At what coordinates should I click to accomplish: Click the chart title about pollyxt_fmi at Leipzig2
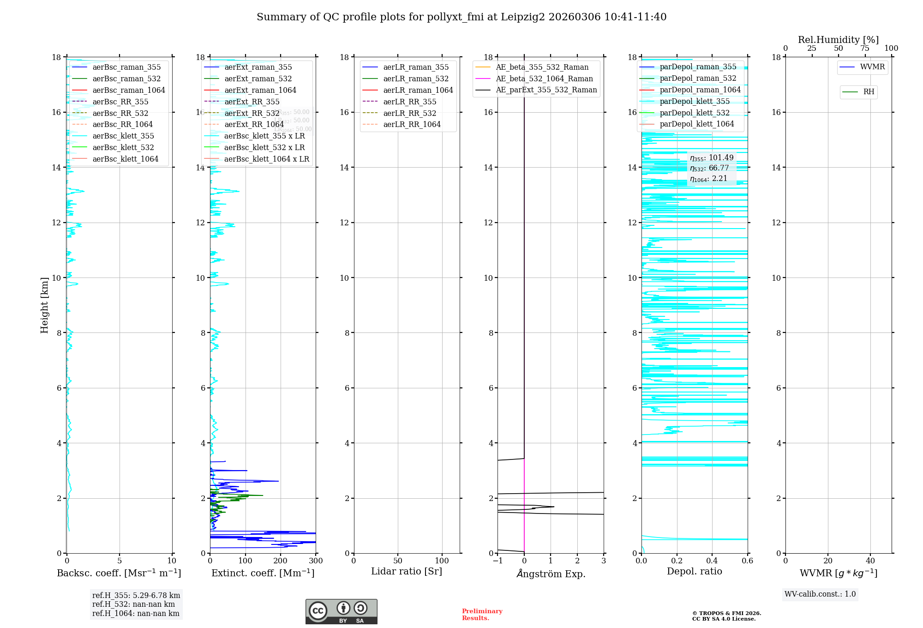click(461, 17)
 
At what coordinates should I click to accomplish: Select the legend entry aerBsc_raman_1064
click(128, 90)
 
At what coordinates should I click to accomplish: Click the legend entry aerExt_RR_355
click(252, 102)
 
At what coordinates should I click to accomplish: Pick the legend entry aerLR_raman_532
click(415, 78)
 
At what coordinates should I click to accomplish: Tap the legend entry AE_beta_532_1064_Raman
click(544, 78)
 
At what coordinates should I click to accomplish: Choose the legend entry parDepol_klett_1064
click(696, 124)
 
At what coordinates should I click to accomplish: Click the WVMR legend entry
click(872, 67)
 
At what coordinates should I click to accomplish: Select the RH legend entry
click(868, 92)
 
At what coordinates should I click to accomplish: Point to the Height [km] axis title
click(44, 305)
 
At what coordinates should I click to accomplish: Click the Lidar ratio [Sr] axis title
click(407, 571)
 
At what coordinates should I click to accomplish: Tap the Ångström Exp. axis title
click(551, 574)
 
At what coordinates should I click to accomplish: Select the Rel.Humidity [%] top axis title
click(838, 40)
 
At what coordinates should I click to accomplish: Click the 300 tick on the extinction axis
click(316, 561)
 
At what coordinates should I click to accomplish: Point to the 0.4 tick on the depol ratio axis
click(712, 561)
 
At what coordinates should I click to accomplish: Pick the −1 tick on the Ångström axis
click(497, 561)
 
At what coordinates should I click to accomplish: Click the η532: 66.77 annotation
click(709, 168)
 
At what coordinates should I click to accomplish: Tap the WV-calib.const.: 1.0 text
click(820, 594)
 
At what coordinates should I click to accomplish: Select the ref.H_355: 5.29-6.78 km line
click(136, 595)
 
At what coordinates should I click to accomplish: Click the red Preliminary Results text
click(482, 615)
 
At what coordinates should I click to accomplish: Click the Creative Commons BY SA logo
click(341, 611)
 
